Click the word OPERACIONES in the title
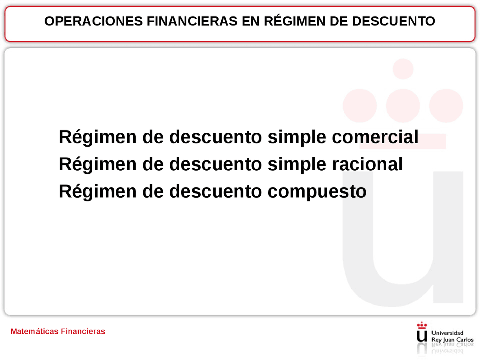[93, 21]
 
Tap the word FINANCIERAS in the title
[192, 21]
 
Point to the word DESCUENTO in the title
[393, 21]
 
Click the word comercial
[375, 137]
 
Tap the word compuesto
[317, 192]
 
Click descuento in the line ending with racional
[216, 164]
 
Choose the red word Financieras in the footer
[83, 331]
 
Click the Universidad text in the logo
[447, 333]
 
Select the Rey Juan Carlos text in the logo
[452, 340]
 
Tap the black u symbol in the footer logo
[422, 336]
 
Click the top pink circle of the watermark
[403, 69]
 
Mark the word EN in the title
[250, 21]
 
